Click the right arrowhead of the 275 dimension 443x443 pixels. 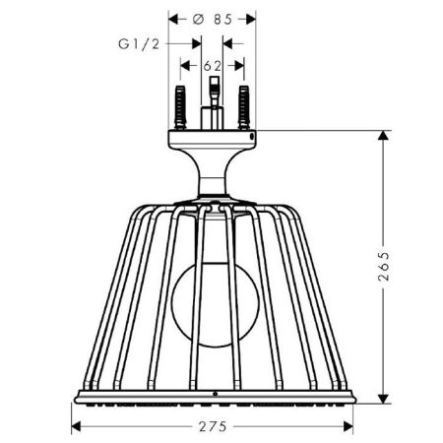pos(349,426)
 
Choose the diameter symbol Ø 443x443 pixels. pos(200,19)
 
